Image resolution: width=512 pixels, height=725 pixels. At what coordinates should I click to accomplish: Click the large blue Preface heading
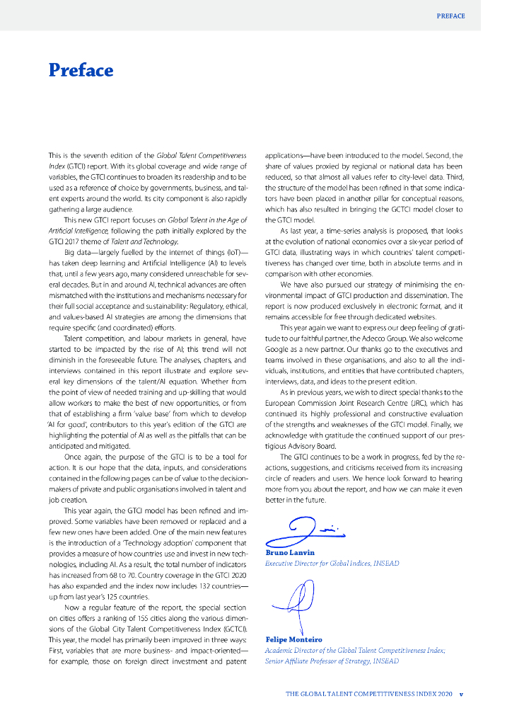click(81, 71)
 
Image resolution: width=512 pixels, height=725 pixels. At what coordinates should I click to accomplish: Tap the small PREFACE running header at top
click(450, 16)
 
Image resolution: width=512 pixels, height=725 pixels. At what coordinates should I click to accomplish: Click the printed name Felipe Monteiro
click(293, 639)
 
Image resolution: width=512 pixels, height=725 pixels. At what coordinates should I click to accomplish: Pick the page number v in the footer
click(461, 695)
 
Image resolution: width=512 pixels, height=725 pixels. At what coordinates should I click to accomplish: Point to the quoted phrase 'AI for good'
click(64, 425)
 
